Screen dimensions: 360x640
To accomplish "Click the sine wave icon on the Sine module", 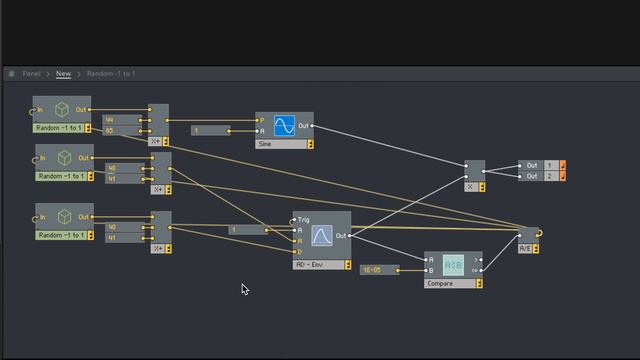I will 284,127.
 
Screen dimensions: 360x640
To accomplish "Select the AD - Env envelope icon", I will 321,235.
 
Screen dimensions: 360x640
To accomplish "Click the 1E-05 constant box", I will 378,270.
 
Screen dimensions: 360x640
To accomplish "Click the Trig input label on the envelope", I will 303,219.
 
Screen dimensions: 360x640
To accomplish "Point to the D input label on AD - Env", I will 299,251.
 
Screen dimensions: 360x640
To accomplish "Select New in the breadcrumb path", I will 63,73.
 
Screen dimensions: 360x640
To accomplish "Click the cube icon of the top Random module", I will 62,110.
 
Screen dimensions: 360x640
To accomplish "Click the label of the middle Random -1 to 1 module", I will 62,176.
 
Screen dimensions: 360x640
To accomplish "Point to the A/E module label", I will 525,247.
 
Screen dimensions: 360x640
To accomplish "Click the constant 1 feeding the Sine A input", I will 211,131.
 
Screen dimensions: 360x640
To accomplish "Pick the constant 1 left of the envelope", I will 247,230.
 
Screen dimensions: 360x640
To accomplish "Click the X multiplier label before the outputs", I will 470,187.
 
